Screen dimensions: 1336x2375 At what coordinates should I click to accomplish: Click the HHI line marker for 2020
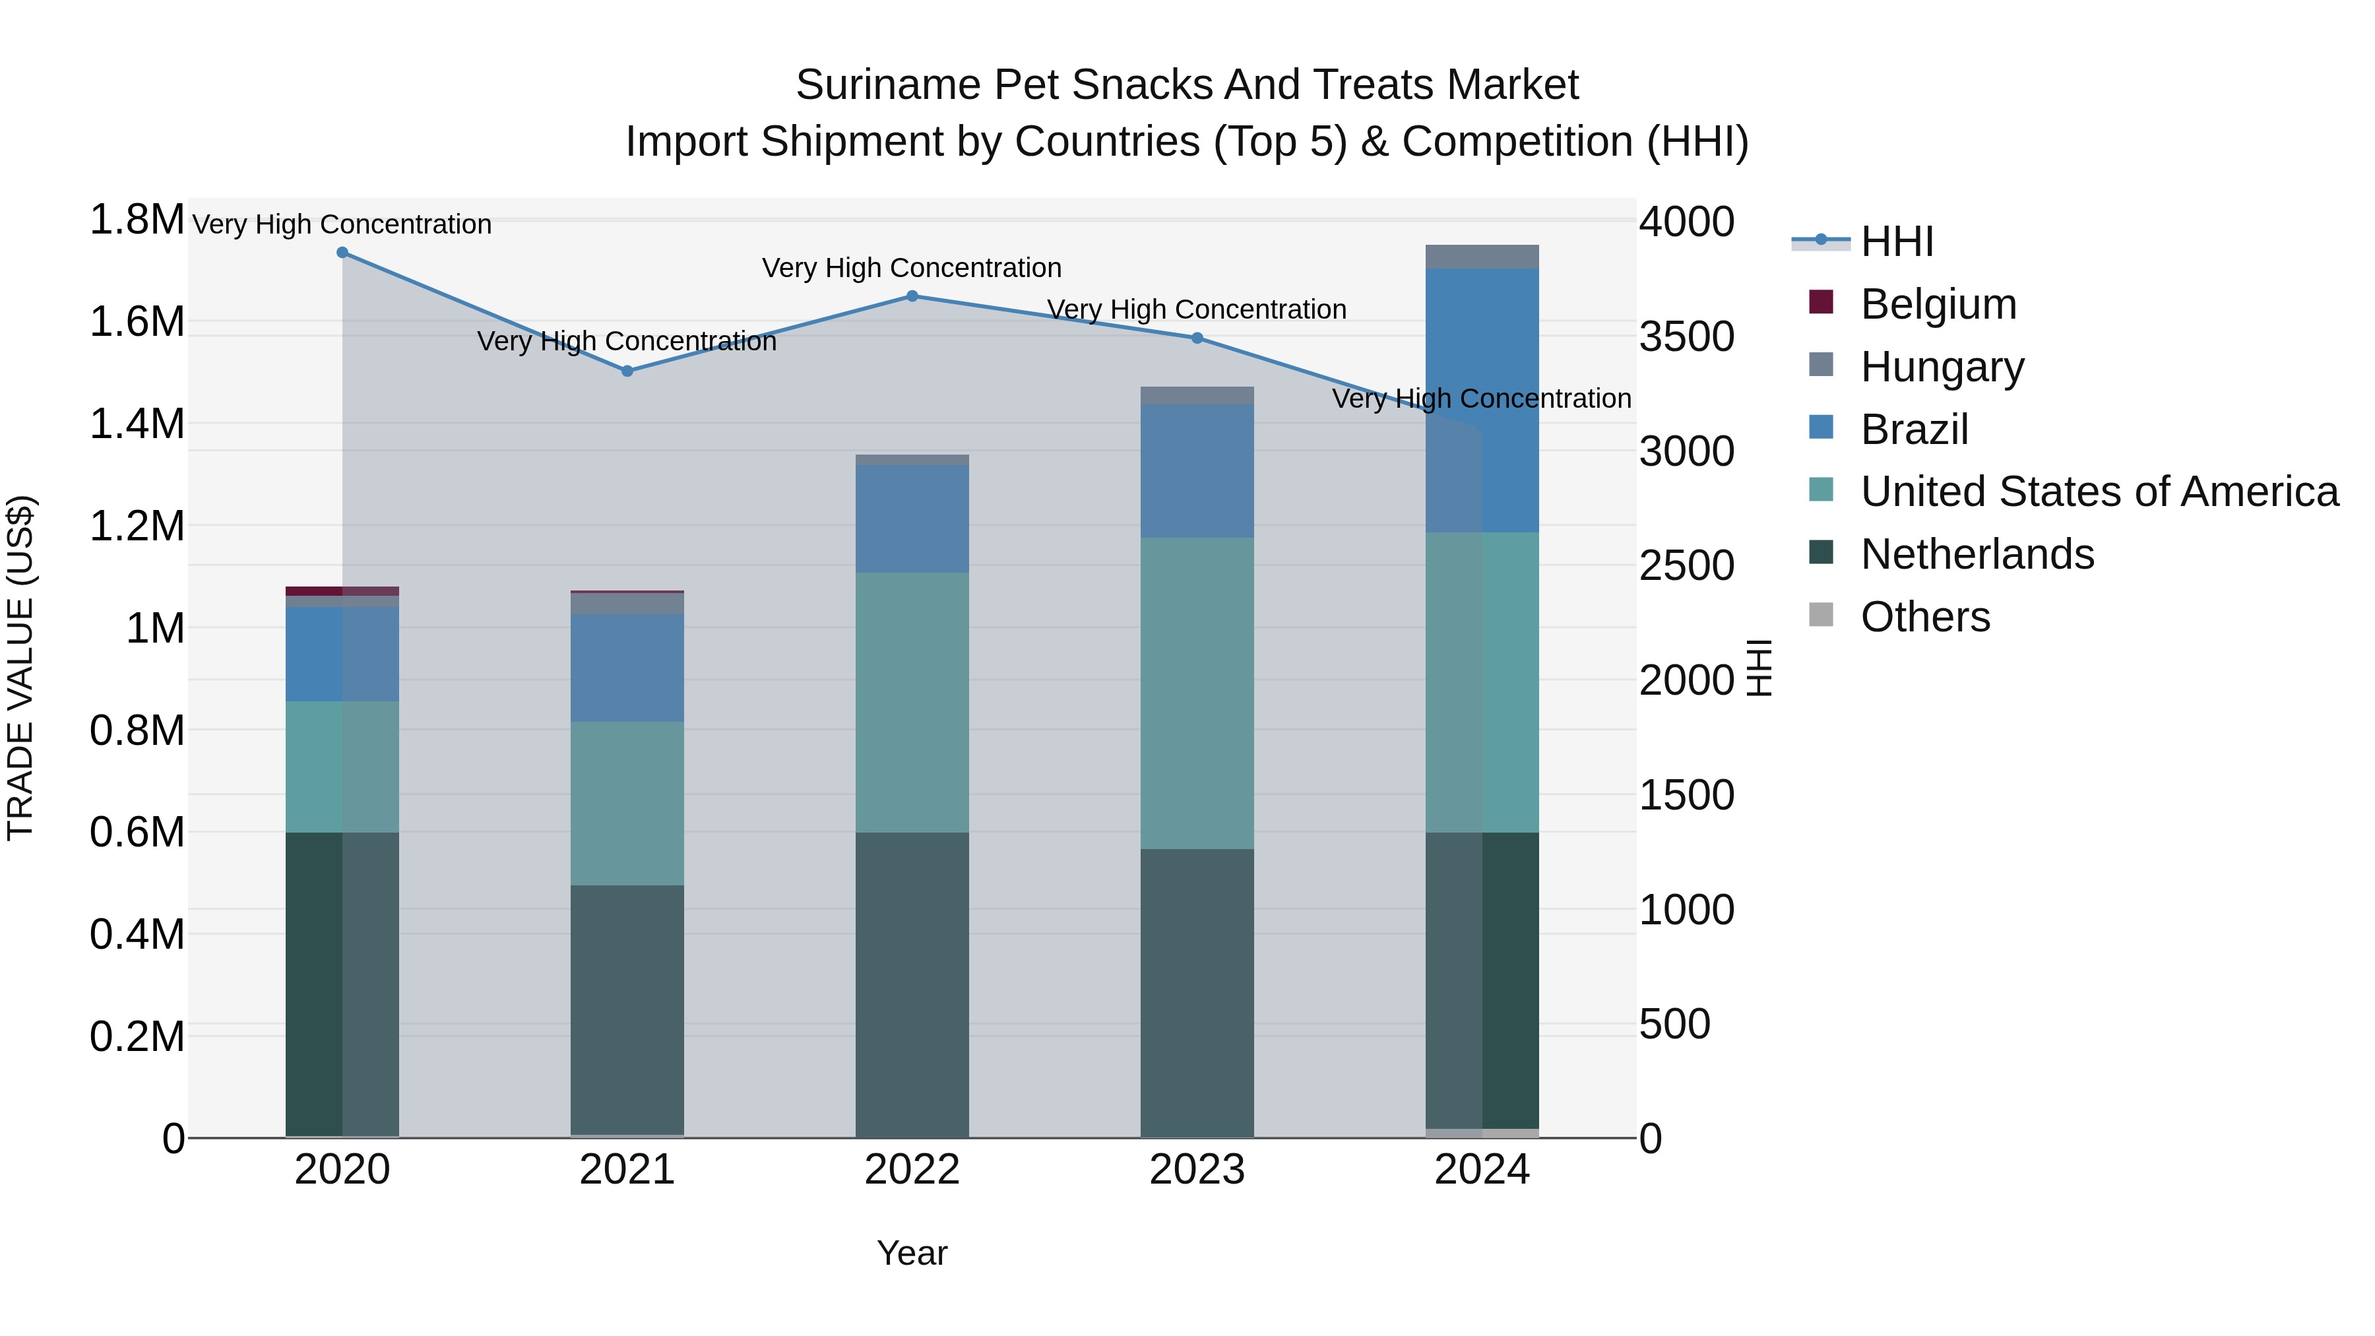coord(342,252)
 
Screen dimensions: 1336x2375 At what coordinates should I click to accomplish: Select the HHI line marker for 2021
coord(627,371)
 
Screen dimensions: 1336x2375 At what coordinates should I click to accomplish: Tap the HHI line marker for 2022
coord(912,296)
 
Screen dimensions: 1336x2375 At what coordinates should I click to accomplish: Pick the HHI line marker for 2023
coord(1197,337)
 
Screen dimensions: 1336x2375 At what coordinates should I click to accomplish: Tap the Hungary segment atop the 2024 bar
coord(1482,257)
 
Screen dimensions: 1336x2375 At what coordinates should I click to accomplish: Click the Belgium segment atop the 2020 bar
coord(342,590)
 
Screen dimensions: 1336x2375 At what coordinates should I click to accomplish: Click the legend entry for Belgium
coord(1938,304)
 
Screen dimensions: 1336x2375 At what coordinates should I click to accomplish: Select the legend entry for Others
coord(1925,617)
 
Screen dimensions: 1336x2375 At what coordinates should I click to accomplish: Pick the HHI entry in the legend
coord(1897,241)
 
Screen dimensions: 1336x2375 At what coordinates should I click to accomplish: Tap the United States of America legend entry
coord(2099,492)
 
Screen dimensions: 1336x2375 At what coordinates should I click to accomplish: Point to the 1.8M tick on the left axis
coord(137,220)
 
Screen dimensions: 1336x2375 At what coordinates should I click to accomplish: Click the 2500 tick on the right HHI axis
coord(1686,565)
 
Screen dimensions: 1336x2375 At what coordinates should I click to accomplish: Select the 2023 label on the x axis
coord(1197,1170)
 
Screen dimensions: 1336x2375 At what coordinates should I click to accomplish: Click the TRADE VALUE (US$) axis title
coord(20,668)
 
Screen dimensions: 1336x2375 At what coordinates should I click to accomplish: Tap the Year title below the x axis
coord(912,1253)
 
